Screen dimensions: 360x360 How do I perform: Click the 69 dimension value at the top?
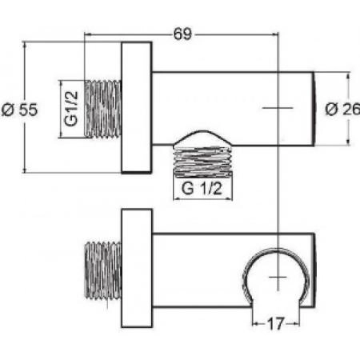pos(182,34)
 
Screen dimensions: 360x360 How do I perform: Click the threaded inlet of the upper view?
pos(102,108)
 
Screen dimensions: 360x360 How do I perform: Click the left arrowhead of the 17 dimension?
pos(256,324)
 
